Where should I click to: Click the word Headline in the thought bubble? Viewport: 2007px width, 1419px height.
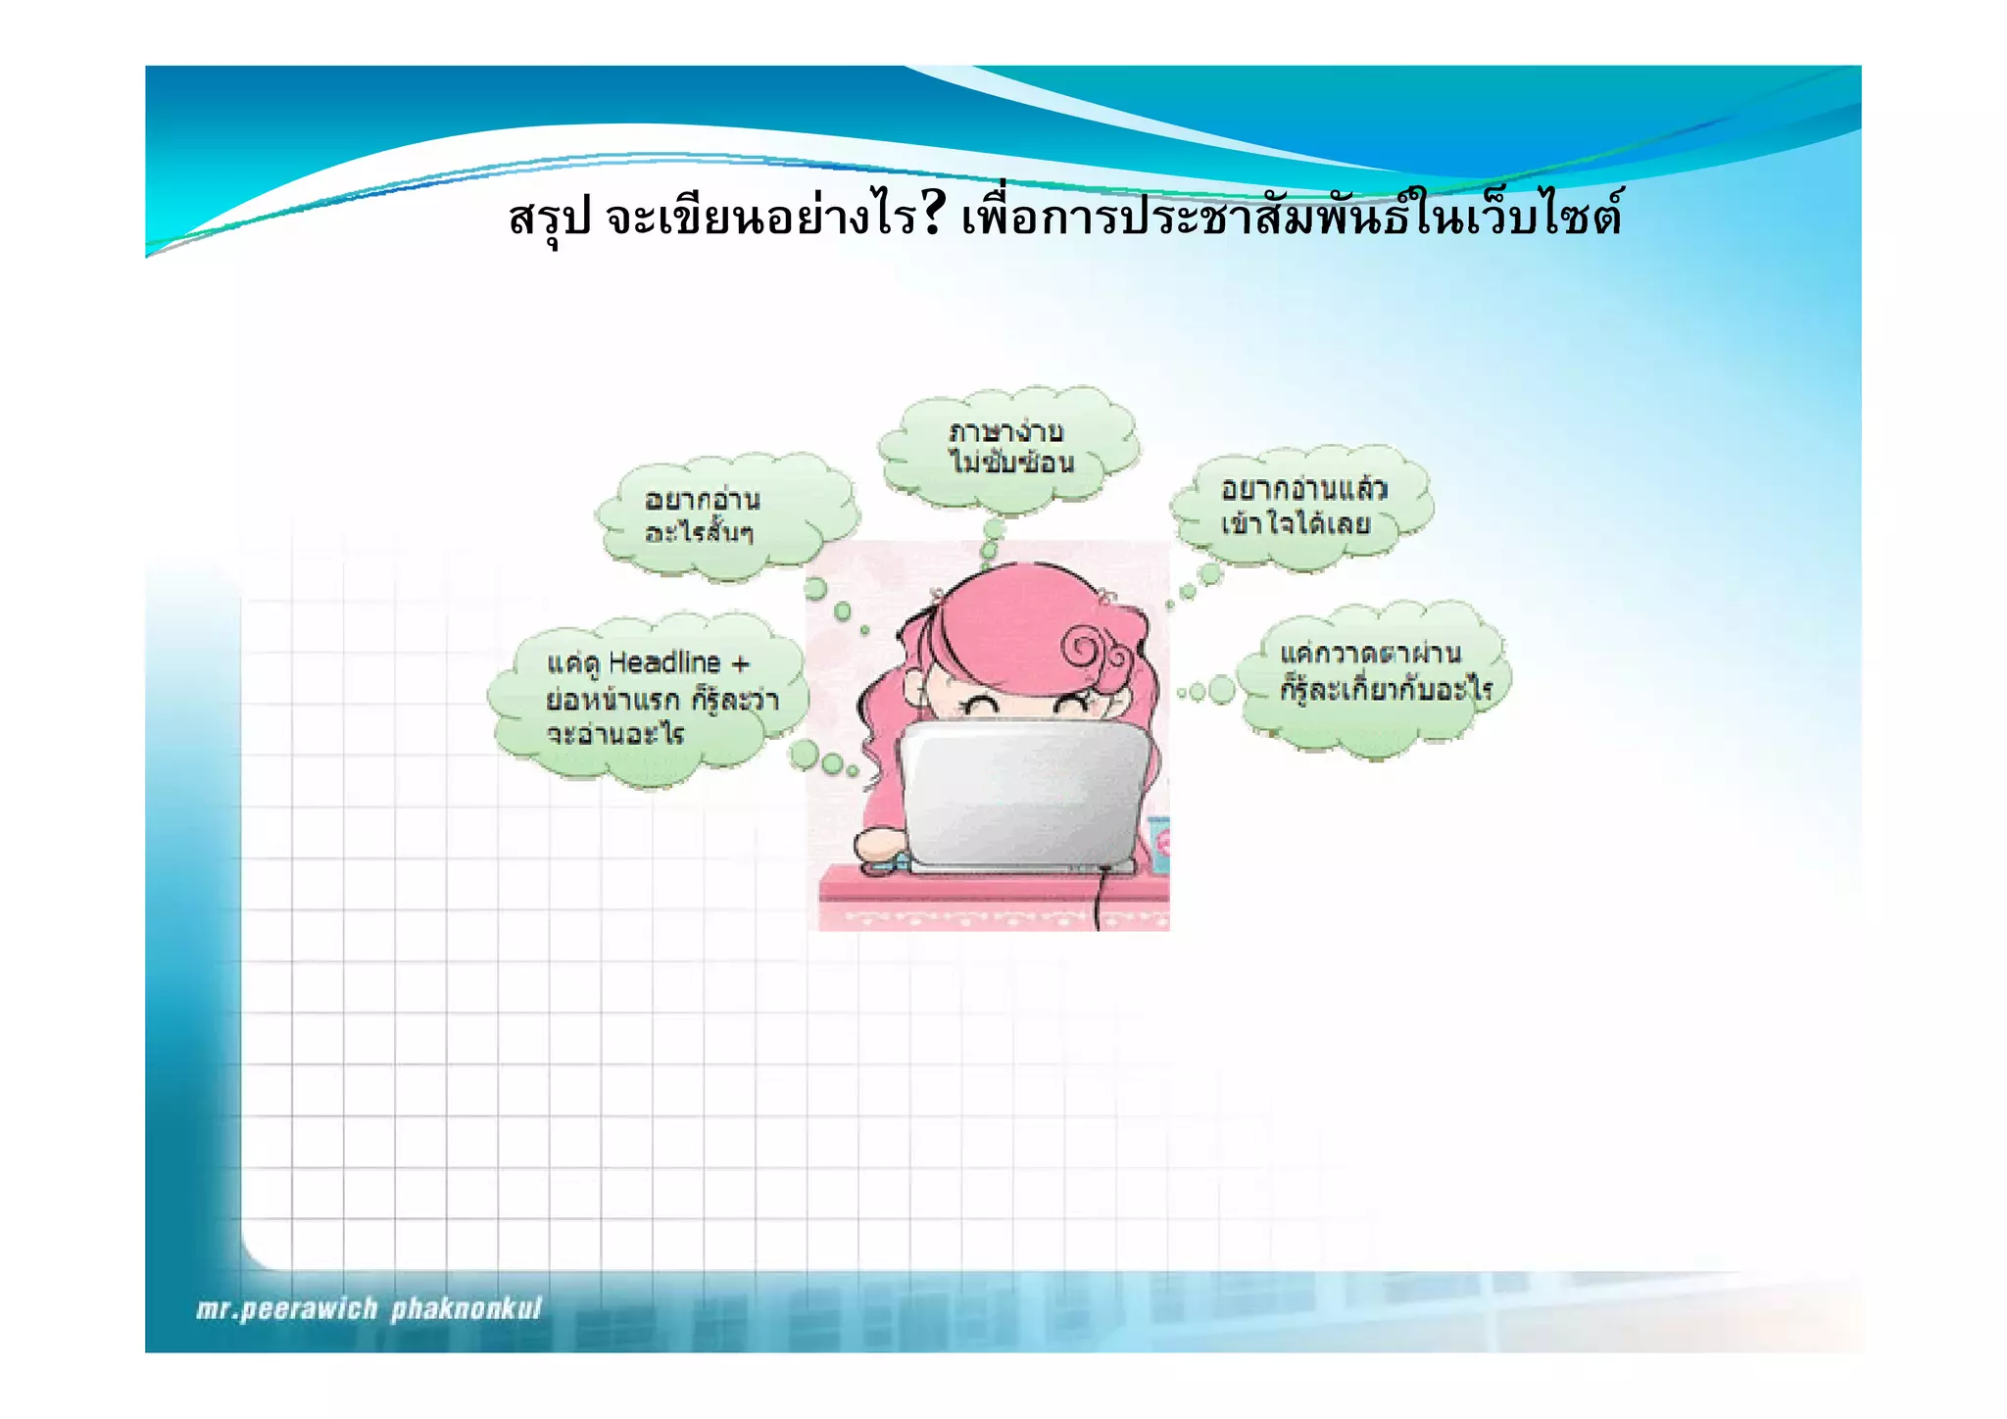[x=664, y=663]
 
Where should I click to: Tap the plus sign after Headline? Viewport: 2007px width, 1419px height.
[x=740, y=664]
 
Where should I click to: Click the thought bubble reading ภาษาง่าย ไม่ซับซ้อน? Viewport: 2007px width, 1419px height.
[x=1009, y=448]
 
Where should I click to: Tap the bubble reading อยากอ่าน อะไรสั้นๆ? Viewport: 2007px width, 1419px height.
[x=725, y=516]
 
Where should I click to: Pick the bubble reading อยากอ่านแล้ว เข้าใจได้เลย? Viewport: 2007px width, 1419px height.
[x=1301, y=506]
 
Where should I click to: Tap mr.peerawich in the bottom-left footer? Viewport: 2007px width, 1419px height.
[x=286, y=1309]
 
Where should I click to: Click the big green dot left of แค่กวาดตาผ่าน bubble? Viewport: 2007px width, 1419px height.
[x=1221, y=690]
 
